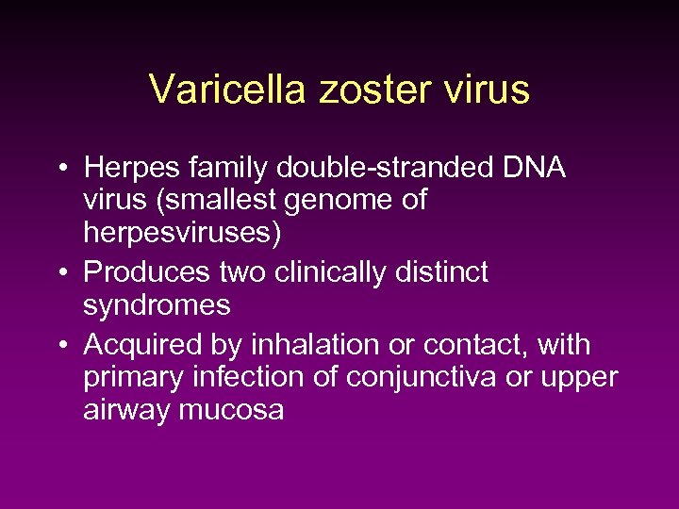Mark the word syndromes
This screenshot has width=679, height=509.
[157, 305]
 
